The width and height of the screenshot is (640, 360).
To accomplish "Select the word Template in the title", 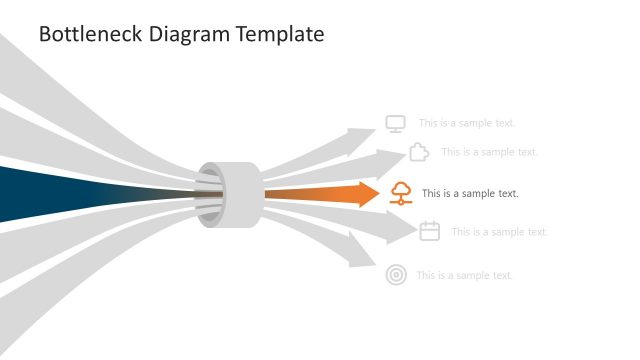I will click(280, 35).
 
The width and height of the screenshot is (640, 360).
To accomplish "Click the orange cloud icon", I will click(400, 193).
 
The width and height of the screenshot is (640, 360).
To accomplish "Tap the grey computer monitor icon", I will click(396, 124).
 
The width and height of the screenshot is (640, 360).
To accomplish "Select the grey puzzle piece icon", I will click(419, 152).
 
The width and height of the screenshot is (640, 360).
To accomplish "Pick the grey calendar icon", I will click(430, 231).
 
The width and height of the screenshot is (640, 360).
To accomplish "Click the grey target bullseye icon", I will click(396, 275).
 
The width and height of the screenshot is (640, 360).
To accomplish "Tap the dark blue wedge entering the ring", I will click(60, 193).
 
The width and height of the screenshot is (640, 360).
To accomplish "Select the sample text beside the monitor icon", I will click(467, 124).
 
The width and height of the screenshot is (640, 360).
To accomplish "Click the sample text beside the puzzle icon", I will click(489, 152).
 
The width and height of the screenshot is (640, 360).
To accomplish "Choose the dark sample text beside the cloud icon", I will click(470, 194).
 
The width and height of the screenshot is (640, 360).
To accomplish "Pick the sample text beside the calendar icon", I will click(499, 232).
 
